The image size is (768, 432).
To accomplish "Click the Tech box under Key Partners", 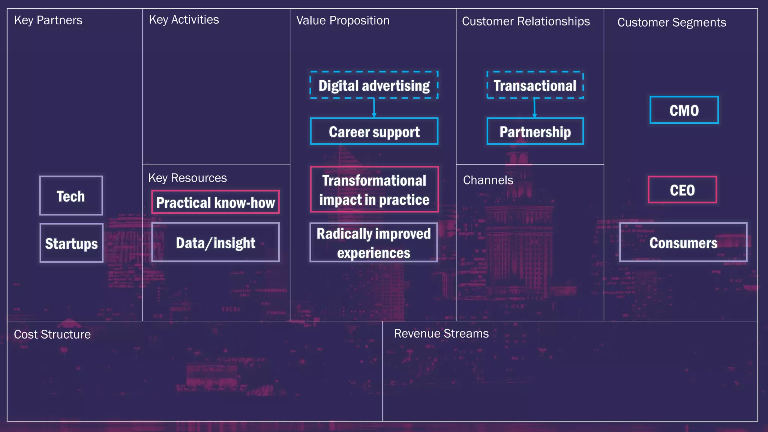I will tap(71, 196).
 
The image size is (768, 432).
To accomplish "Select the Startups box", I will tap(71, 243).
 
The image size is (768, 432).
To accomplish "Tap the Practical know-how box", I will tap(215, 202).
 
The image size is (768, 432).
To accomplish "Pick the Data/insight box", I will tap(215, 242).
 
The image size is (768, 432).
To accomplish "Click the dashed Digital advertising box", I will tap(374, 85).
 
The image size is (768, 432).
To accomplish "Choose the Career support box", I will tap(374, 132).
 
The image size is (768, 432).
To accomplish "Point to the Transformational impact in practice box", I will tap(374, 189).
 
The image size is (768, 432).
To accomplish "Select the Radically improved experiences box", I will tap(373, 243).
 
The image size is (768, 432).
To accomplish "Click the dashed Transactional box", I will tap(535, 85).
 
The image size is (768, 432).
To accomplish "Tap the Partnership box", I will tap(535, 132).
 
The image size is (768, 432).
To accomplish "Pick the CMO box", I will tap(684, 110).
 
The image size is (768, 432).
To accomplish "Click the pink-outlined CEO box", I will tap(682, 190).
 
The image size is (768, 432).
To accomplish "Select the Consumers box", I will tap(683, 243).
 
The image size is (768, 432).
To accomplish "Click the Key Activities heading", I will tap(184, 19).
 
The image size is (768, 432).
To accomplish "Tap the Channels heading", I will tap(488, 180).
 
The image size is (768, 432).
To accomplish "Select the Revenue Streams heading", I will tap(441, 333).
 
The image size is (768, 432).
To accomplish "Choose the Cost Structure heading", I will tap(52, 334).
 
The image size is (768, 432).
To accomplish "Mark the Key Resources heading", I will tap(187, 178).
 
